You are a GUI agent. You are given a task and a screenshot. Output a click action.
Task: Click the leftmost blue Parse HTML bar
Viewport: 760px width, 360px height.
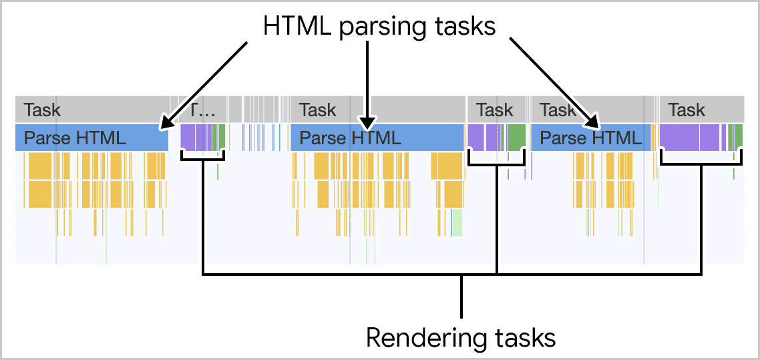tap(91, 138)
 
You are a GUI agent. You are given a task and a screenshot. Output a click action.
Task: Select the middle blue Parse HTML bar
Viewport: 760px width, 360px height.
tap(377, 138)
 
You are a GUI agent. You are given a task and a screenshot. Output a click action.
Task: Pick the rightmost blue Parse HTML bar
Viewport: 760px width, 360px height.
tap(590, 138)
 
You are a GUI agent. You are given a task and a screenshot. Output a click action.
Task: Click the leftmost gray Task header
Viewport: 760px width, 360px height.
tap(91, 110)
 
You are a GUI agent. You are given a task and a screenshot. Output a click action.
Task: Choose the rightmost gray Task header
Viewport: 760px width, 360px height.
tap(701, 110)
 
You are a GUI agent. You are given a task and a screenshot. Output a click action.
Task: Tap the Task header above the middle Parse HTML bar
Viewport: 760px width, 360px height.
tap(377, 110)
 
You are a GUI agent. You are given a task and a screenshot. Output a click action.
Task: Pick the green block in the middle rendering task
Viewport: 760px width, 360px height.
tap(516, 137)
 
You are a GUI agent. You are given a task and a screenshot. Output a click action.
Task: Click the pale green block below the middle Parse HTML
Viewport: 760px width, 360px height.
tap(457, 223)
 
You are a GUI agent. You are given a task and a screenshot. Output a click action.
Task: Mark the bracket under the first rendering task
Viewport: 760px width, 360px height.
tap(203, 158)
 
